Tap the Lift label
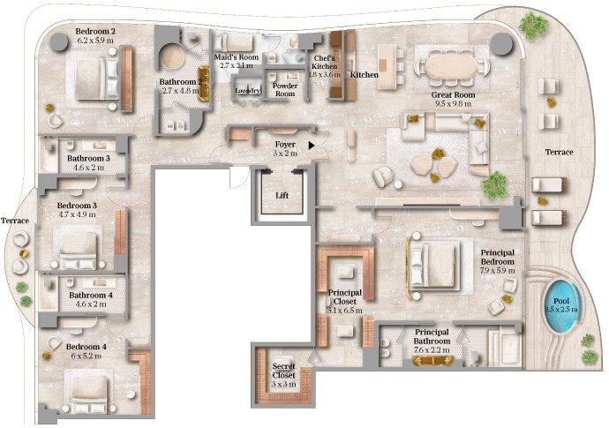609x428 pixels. tap(282, 196)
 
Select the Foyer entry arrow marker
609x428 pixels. tap(312, 145)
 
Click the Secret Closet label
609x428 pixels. tap(283, 375)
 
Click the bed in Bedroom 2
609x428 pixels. tap(88, 78)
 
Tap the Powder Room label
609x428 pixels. tap(284, 89)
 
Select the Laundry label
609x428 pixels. tap(246, 89)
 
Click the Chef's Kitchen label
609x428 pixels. tap(325, 63)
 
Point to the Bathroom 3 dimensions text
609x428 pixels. tap(88, 167)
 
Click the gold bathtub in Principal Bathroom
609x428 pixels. tap(432, 361)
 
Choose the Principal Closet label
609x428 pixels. tap(343, 297)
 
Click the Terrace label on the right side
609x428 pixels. tap(559, 153)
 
